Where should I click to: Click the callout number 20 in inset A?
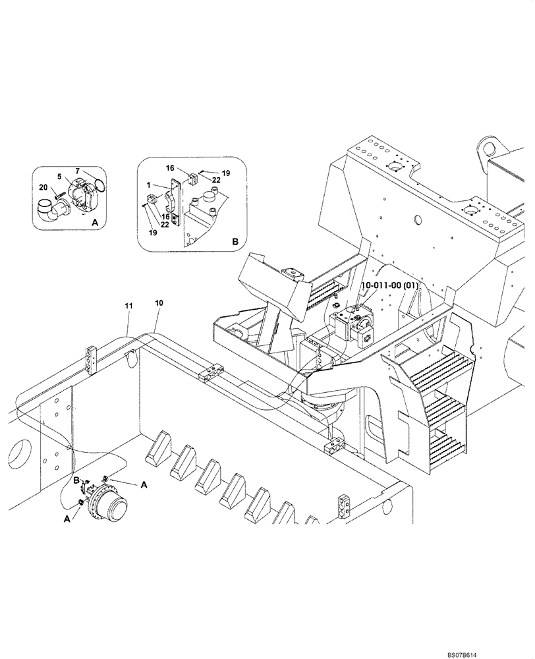43,187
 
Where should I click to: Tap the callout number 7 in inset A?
78,171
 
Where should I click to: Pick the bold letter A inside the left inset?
94,223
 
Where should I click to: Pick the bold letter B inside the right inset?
235,243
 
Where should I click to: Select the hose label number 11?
128,305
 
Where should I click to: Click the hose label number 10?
159,302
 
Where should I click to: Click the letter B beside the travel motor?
76,482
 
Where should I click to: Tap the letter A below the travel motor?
66,519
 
